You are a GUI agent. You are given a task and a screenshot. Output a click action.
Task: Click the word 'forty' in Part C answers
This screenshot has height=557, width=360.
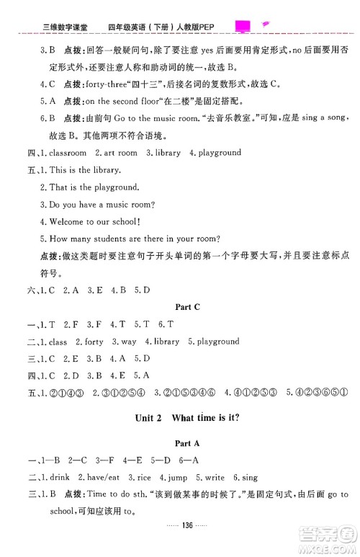[x=94, y=342]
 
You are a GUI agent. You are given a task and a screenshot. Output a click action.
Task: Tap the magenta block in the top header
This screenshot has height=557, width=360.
[x=243, y=27]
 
